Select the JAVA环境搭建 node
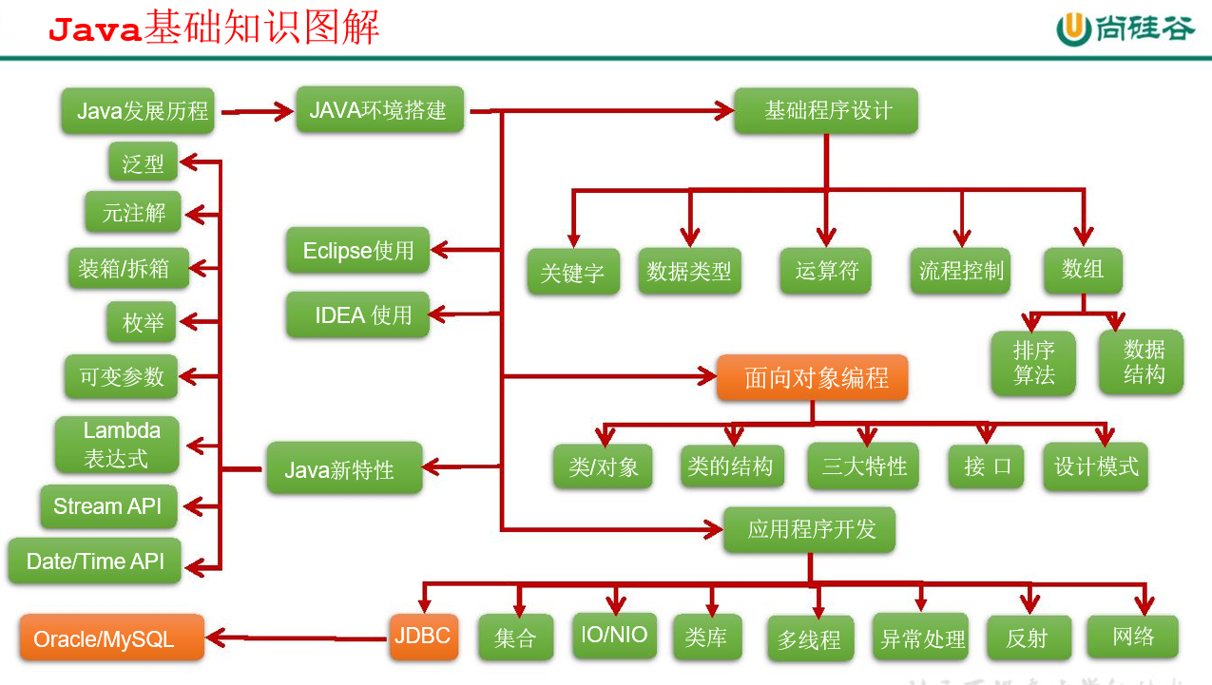[x=379, y=110]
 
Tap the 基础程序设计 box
[x=826, y=111]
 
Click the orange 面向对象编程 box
[x=812, y=378]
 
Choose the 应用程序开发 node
[x=809, y=529]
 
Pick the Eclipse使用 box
[x=357, y=251]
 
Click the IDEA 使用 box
[x=357, y=315]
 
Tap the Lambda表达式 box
[x=117, y=445]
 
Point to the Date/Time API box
[x=95, y=561]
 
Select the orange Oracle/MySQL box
[x=111, y=637]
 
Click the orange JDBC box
[x=423, y=637]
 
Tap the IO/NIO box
[x=615, y=635]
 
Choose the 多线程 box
[x=809, y=639]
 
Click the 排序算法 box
[x=1033, y=363]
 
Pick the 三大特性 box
[x=863, y=466]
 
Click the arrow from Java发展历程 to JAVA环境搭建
[x=257, y=112]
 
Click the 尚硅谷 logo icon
[x=1076, y=29]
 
